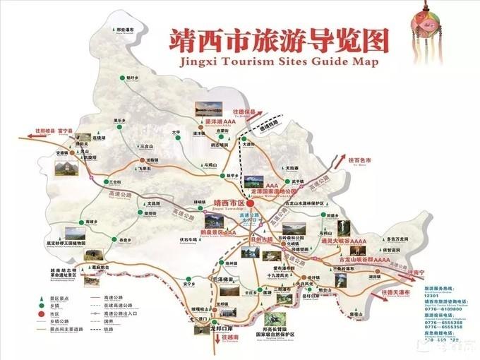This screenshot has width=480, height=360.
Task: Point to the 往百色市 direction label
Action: [359, 161]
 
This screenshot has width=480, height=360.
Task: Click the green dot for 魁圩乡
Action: [121, 77]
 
